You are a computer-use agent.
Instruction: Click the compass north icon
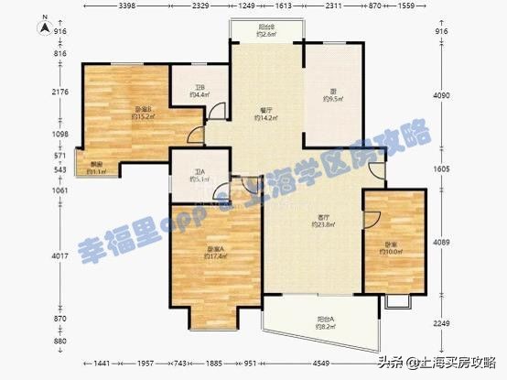tap(43, 27)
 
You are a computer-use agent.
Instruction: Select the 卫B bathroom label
tap(198, 90)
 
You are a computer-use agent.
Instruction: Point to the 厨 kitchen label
tap(332, 90)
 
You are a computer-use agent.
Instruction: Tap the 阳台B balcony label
tap(266, 28)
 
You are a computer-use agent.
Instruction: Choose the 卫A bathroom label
tap(200, 171)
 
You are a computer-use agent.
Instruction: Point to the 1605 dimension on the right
tap(442, 168)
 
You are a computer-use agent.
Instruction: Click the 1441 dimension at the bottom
tap(102, 364)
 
